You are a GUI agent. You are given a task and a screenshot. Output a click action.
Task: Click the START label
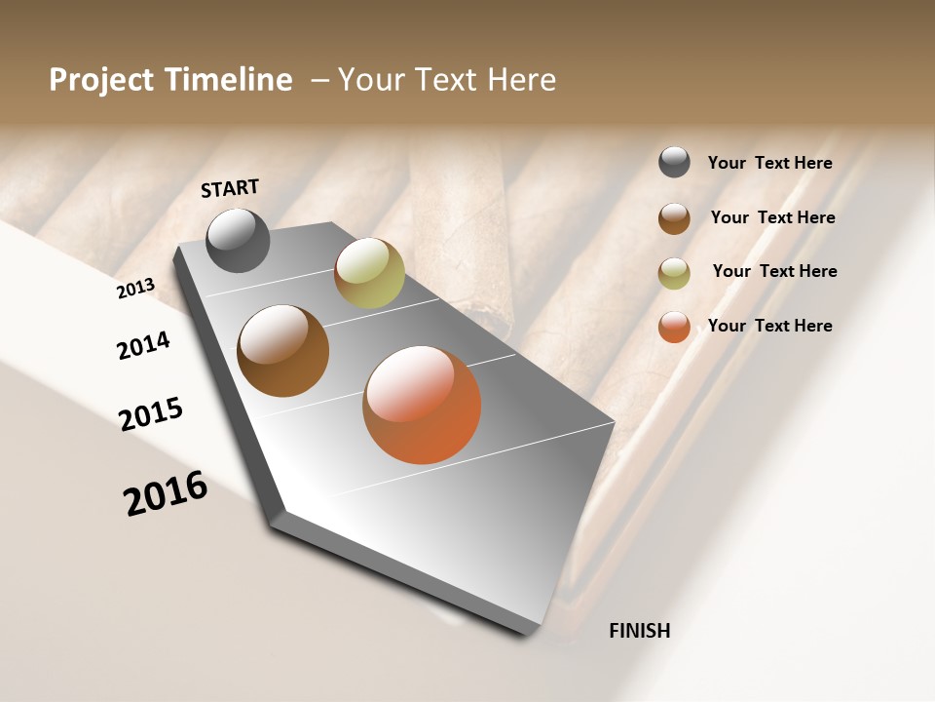(230, 188)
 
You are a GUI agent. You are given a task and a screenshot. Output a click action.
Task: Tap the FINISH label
(639, 631)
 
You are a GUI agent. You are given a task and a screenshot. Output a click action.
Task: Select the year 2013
(135, 289)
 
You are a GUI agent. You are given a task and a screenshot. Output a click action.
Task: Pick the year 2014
(143, 346)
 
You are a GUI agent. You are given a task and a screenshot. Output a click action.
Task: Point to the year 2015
(151, 414)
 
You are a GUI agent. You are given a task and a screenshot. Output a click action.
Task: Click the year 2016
(166, 493)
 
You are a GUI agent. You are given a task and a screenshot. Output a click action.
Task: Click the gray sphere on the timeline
(238, 240)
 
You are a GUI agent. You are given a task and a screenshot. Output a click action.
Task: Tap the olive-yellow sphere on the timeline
(369, 273)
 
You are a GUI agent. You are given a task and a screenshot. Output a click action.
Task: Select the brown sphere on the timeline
(282, 351)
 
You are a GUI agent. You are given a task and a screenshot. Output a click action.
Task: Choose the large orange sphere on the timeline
(422, 405)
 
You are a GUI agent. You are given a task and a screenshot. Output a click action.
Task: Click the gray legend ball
(674, 162)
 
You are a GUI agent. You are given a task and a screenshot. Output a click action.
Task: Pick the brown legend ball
(674, 218)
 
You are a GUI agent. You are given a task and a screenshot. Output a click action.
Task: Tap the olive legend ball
(674, 273)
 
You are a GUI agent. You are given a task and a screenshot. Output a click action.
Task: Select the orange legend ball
(674, 327)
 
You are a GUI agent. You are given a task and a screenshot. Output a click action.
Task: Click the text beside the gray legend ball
(769, 163)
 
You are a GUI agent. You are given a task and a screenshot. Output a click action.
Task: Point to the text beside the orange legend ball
(769, 326)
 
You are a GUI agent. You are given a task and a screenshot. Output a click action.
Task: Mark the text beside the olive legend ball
(774, 271)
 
